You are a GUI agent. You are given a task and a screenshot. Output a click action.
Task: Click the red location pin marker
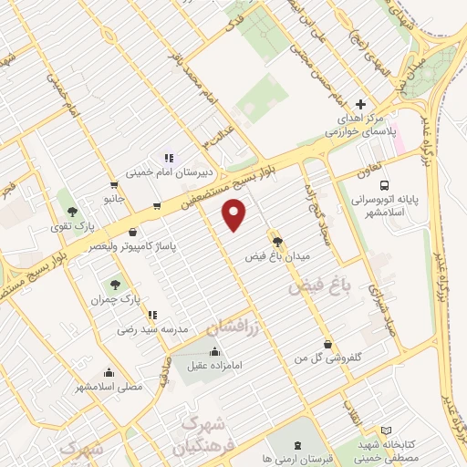click(235, 215)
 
